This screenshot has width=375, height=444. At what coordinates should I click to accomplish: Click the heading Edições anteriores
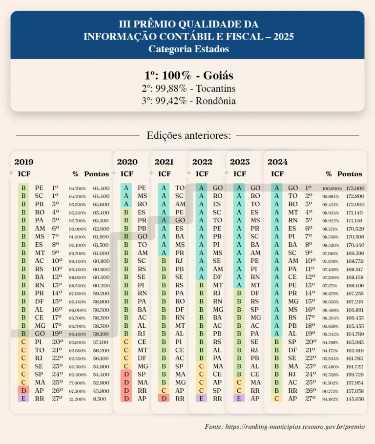tap(188, 135)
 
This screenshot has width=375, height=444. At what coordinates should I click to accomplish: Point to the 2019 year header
tap(24, 162)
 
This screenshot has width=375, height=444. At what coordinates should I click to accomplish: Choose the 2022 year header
tap(202, 162)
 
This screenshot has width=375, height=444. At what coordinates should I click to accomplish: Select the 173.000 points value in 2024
tap(355, 188)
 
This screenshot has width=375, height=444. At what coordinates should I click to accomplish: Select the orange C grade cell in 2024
tap(277, 399)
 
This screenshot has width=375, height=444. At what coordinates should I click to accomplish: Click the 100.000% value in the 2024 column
tap(332, 188)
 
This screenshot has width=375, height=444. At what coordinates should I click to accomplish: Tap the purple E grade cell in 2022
tap(201, 399)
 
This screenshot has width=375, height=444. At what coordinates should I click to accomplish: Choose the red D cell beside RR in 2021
tap(164, 399)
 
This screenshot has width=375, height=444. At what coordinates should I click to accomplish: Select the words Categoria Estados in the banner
tap(188, 49)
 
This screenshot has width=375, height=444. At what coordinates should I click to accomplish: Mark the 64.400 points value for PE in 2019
tap(102, 188)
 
